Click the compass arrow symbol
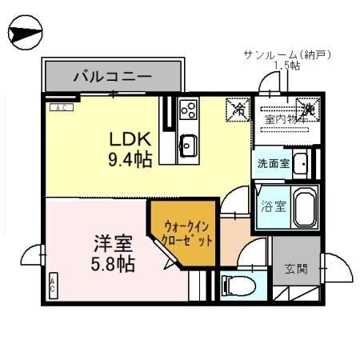(x=23, y=34)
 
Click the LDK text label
(x=127, y=137)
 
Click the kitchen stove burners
(x=189, y=110)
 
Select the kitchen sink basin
(x=188, y=145)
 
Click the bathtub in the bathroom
(x=304, y=207)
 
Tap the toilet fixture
(x=234, y=284)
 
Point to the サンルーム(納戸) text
(x=286, y=54)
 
